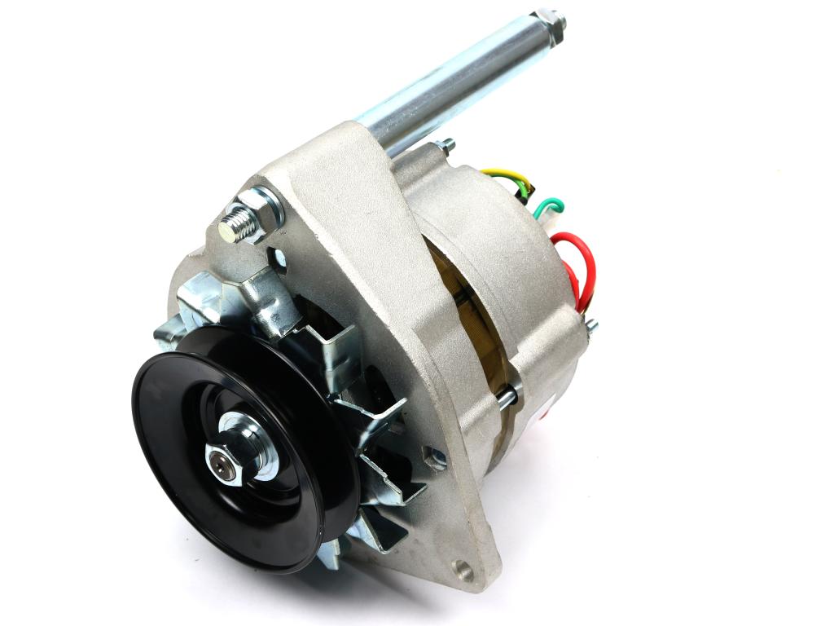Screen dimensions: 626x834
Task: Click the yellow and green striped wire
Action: click(505, 175)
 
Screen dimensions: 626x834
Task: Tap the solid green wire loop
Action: click(548, 205)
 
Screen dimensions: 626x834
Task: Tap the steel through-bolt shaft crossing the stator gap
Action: click(505, 397)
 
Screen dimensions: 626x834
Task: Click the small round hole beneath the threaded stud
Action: click(280, 260)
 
